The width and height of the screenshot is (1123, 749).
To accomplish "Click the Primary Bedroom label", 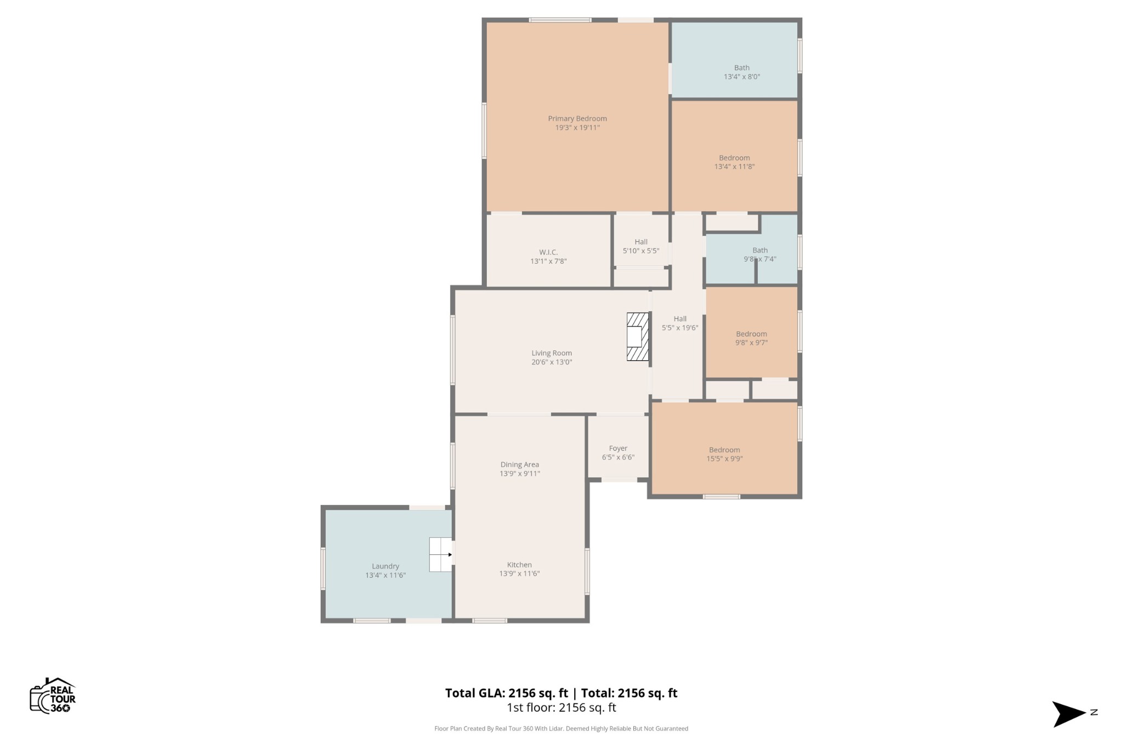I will [577, 118].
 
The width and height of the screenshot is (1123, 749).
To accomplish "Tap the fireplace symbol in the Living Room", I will [638, 337].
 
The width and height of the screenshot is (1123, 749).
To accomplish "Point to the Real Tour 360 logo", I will [53, 696].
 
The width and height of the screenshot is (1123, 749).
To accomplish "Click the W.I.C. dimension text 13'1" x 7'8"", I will [548, 262].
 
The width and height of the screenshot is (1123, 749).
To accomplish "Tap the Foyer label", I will [618, 448].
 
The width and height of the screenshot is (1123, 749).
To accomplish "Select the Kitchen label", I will [519, 565].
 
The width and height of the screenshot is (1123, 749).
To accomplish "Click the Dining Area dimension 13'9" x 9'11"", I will [519, 474].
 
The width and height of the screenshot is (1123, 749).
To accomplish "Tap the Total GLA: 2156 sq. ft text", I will [506, 693].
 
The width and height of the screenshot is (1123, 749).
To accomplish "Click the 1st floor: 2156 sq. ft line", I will [561, 708].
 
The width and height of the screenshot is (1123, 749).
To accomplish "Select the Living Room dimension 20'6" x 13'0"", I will [552, 362].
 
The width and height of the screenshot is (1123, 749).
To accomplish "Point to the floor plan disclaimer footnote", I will [561, 729].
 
